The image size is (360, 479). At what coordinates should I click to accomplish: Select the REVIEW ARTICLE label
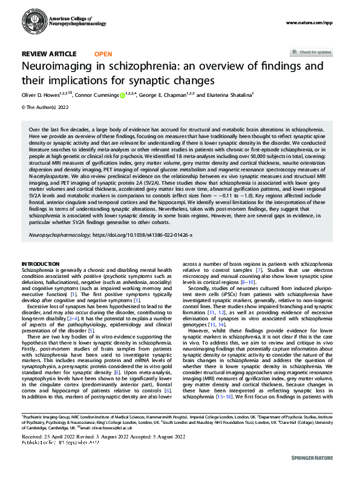[49, 54]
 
